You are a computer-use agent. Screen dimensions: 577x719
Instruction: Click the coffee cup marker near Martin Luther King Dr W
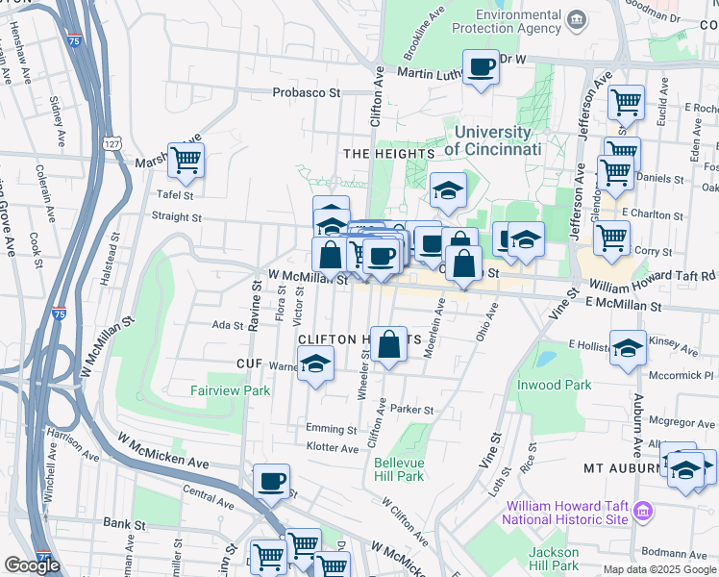(x=482, y=67)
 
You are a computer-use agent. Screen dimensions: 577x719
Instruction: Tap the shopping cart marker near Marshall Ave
(x=186, y=161)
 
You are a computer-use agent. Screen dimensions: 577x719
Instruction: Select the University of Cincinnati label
(x=493, y=140)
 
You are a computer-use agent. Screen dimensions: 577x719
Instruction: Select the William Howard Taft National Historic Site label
(x=567, y=512)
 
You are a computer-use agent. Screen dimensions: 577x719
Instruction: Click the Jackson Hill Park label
(x=554, y=559)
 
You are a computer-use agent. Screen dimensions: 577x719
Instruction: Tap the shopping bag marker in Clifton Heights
(x=389, y=344)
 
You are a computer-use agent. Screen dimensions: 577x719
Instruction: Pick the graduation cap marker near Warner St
(x=314, y=364)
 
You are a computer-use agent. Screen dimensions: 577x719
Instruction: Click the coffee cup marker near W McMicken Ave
(x=271, y=481)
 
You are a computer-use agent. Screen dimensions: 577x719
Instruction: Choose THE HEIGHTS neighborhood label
(x=389, y=153)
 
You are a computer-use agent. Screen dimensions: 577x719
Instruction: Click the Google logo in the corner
(x=32, y=564)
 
